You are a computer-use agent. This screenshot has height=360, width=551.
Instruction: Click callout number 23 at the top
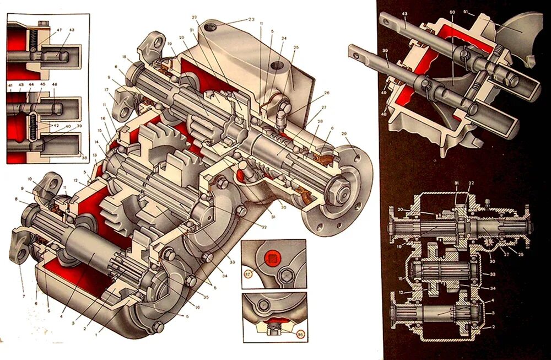coord(252,19)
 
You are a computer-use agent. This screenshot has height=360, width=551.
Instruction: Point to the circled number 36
coord(300,334)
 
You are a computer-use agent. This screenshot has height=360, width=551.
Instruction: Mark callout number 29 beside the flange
coord(344,134)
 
